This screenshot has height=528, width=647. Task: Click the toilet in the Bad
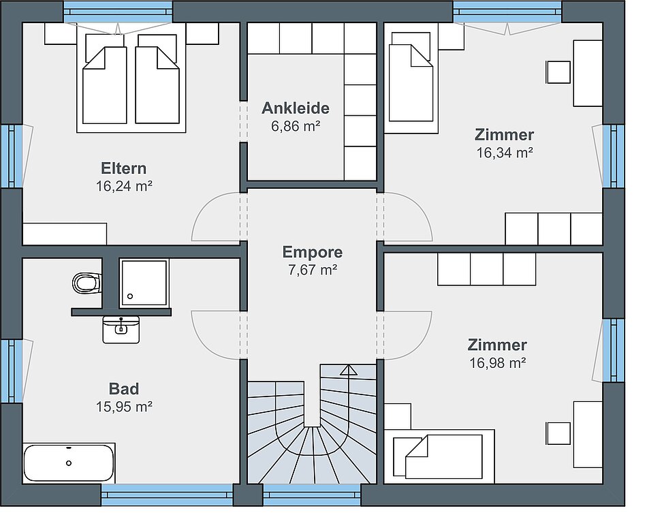coord(86,283)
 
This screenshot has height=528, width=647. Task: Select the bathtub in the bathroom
coord(69,463)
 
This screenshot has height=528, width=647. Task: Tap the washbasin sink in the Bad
coord(121,330)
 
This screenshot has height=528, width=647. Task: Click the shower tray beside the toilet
coord(144,283)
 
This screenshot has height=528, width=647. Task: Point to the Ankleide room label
coord(296,108)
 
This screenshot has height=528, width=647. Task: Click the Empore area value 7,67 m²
coord(313,270)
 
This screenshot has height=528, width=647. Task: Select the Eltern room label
coord(124,168)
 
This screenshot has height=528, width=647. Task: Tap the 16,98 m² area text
coord(497,363)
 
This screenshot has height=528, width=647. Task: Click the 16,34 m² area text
coord(505,153)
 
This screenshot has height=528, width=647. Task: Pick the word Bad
coord(124,389)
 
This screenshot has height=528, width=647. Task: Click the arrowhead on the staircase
coord(349,370)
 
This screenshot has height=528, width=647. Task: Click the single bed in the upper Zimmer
coord(411,78)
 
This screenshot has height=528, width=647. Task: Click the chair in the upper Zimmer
coord(558,72)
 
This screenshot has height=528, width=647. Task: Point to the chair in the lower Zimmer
coord(558,433)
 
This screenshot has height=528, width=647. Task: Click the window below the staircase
coord(311,495)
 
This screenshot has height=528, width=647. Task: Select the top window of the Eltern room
coord(118,12)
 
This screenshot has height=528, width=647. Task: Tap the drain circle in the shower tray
coord(130,296)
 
